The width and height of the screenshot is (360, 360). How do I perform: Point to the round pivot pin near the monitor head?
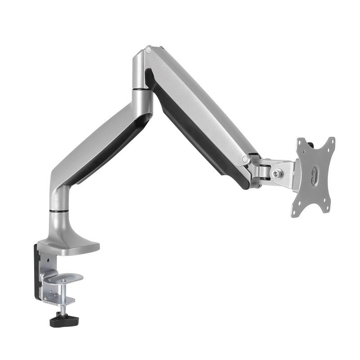point(245,159)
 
